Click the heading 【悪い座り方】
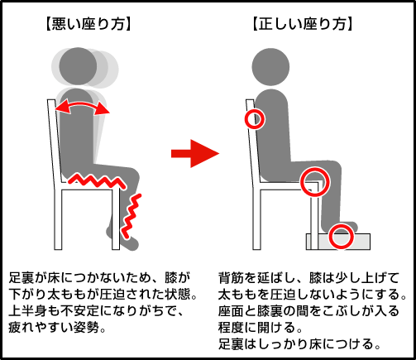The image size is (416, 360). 88,24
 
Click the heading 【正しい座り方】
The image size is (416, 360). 303,24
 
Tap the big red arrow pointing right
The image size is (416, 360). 195,153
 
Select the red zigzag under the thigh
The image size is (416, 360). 97,181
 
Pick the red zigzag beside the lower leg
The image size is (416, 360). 130,217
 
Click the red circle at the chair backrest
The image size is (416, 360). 255,119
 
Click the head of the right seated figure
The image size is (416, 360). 270,67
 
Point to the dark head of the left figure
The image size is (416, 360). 78,66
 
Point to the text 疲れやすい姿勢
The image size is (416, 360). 54,328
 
